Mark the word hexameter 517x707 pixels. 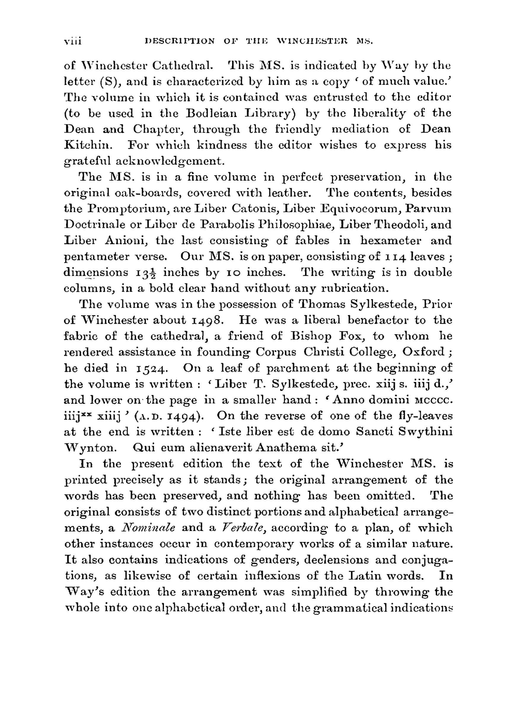[x=391, y=241]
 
